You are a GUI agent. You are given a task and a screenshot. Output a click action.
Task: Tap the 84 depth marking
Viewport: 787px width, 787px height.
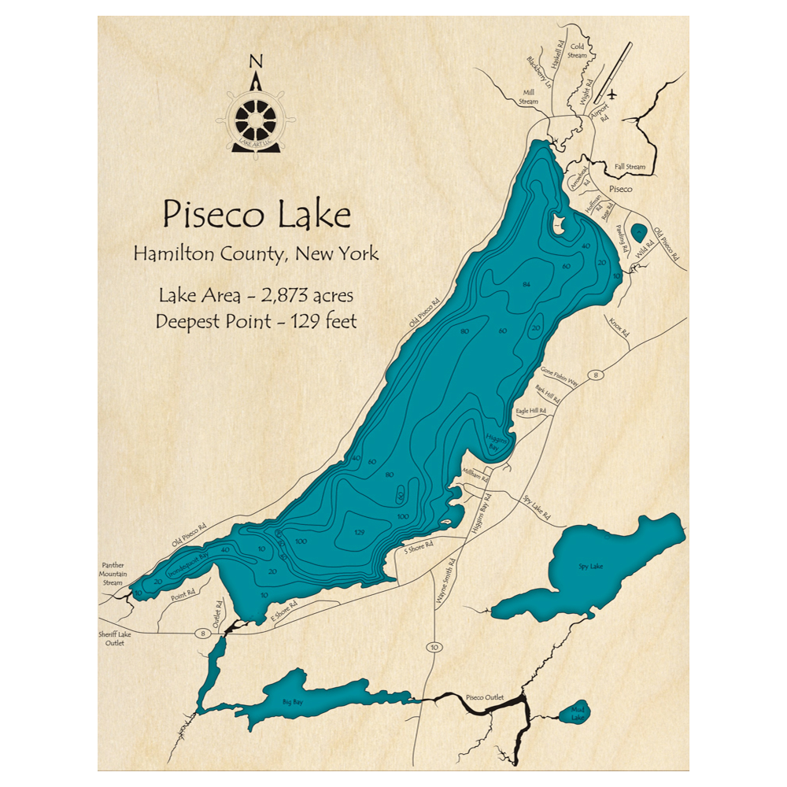point(527,283)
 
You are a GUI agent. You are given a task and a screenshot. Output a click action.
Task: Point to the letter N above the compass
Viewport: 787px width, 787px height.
point(254,62)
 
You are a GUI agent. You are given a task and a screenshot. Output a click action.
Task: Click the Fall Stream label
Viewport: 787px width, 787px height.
point(630,167)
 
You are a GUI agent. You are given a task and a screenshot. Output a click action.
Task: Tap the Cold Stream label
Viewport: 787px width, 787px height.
point(578,51)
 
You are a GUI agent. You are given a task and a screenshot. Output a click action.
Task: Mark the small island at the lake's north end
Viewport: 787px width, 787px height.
point(560,225)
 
